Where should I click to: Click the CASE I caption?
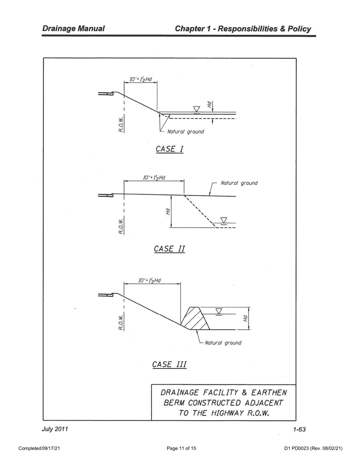coord(169,149)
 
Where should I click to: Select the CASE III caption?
coord(169,364)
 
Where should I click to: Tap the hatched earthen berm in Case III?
coord(195,317)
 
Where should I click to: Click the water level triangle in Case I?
coord(196,109)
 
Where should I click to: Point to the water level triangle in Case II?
coord(224,220)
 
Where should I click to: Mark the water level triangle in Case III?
coord(219,311)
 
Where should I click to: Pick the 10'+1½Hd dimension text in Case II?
coord(154,177)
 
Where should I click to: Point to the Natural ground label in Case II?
coord(239,183)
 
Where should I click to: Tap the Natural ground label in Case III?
coord(223,343)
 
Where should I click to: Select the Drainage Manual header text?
coord(74,29)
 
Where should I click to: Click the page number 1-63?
coord(299,429)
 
